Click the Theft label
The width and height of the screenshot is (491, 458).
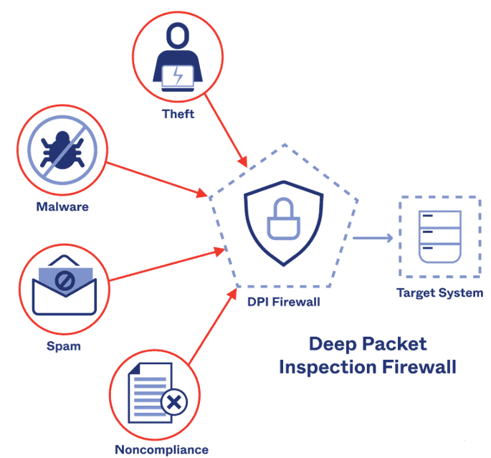178,114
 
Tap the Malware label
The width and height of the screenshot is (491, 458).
62,207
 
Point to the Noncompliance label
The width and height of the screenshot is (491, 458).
162,449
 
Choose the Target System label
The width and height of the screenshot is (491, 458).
440,292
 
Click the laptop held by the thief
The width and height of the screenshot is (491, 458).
177,77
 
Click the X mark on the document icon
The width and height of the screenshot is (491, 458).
173,403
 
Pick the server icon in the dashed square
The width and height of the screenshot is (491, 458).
439,237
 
